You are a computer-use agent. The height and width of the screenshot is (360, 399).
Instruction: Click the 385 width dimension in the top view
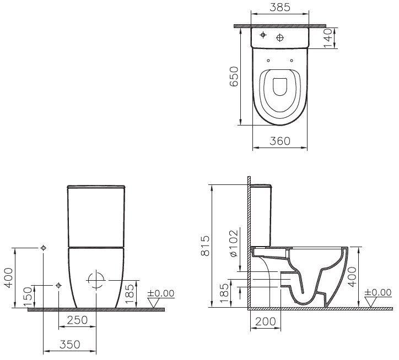[279, 9]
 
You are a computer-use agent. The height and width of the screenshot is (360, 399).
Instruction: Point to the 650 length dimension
[234, 76]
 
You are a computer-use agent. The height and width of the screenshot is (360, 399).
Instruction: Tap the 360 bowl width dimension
[280, 141]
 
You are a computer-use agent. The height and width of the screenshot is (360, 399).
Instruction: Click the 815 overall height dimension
[204, 246]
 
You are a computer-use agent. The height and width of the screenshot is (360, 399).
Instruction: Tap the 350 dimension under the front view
[69, 345]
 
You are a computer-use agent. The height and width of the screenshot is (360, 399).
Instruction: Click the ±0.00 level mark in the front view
[160, 293]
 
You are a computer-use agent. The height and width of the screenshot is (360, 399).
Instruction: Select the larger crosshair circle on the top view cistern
[281, 37]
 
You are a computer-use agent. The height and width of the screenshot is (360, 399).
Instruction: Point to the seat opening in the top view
[279, 88]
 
